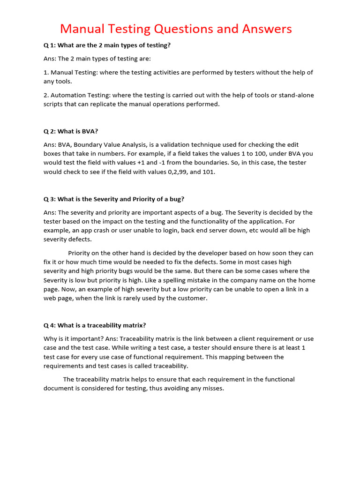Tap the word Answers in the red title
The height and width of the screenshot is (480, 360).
point(264,29)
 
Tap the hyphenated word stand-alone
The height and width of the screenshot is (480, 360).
point(293,95)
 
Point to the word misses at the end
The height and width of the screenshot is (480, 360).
point(212,388)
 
